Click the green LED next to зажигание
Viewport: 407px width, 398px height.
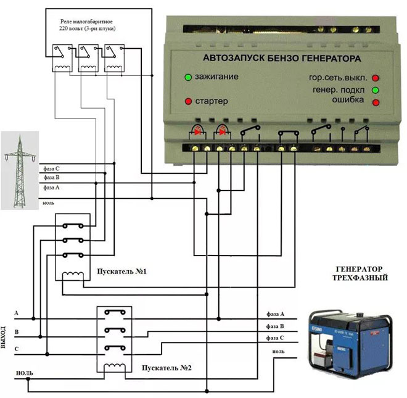click(187, 78)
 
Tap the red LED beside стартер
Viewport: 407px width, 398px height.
click(187, 101)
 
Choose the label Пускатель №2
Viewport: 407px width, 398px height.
click(163, 368)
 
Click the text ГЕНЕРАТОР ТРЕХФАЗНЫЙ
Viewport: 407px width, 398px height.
click(361, 274)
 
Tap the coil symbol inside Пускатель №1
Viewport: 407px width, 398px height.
click(75, 275)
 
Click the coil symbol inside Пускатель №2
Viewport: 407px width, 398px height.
click(115, 368)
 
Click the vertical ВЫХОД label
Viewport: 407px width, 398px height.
click(5, 336)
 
